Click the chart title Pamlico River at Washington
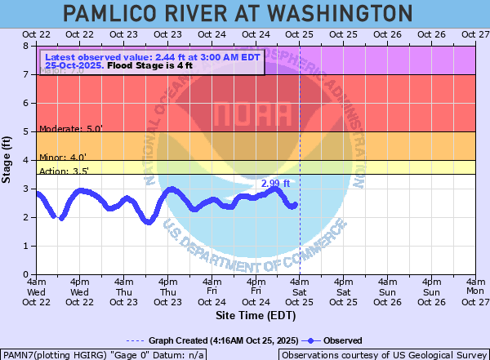(237, 13)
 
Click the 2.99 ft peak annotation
(275, 184)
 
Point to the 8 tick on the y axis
(28, 47)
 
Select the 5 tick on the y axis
(28, 132)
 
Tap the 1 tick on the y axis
(28, 247)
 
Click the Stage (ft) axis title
(7, 160)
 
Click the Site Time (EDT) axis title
(255, 314)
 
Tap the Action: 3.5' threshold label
(64, 171)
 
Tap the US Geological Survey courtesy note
(383, 355)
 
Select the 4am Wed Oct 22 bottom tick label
(36, 291)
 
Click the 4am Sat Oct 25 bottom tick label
(299, 291)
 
